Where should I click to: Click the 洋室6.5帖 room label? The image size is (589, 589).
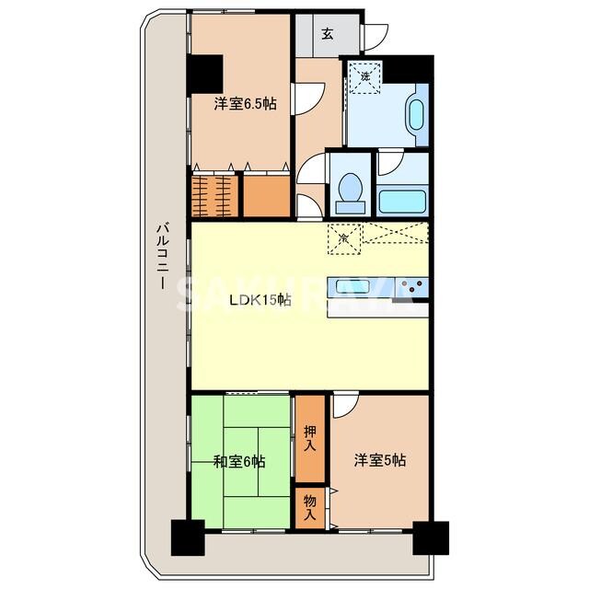point(245,105)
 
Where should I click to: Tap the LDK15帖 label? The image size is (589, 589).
point(260,300)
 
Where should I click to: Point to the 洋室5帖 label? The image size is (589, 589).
point(380,461)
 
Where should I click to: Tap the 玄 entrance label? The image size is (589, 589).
point(327,35)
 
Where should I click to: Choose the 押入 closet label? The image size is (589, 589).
point(310,438)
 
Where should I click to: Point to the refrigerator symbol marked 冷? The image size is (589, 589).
point(342,237)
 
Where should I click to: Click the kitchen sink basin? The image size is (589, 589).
point(353,284)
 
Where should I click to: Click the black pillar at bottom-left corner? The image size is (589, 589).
point(189,537)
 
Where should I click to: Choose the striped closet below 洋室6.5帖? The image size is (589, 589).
point(215,193)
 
